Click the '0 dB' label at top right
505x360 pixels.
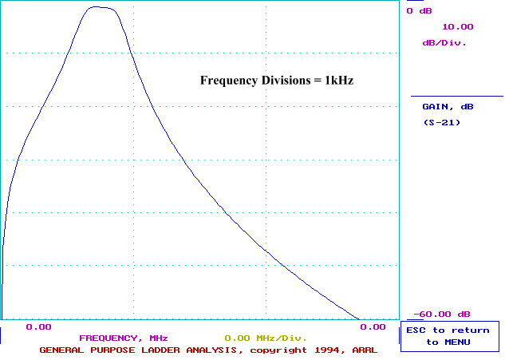[x=420, y=11]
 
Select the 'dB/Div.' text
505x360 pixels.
[x=444, y=42]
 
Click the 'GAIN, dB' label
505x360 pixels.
[x=448, y=106]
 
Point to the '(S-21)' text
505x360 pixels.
[x=441, y=122]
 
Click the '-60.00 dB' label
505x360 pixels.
[x=442, y=314]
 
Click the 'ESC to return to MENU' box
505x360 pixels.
[x=450, y=336]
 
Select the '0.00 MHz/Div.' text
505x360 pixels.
[x=266, y=338]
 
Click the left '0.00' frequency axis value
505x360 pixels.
[x=38, y=326]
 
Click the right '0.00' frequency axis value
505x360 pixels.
[x=373, y=326]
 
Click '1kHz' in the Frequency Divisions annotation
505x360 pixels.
[x=337, y=81]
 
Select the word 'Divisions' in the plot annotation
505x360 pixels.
[x=275, y=81]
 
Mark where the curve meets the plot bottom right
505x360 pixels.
[x=358, y=318]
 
